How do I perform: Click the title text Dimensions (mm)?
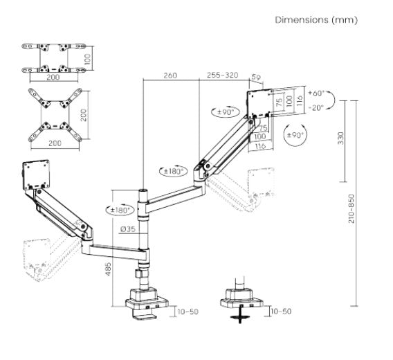pyautogui.click(x=316, y=20)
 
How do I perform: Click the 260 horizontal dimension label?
pyautogui.click(x=170, y=75)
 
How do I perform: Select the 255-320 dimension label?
pyautogui.click(x=222, y=75)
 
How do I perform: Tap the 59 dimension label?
pyautogui.click(x=256, y=77)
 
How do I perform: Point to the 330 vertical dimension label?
pyautogui.click(x=341, y=138)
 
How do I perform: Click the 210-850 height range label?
pyautogui.click(x=351, y=208)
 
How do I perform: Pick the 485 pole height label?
pyautogui.click(x=108, y=269)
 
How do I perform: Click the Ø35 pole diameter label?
pyautogui.click(x=128, y=228)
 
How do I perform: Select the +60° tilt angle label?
pyautogui.click(x=316, y=93)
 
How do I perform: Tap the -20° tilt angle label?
pyautogui.click(x=316, y=107)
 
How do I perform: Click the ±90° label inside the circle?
pyautogui.click(x=295, y=135)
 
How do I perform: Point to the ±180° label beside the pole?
pyautogui.click(x=120, y=210)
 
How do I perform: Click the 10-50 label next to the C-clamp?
pyautogui.click(x=188, y=312)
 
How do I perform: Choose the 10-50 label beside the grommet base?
pyautogui.click(x=281, y=312)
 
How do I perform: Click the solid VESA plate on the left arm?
pyautogui.click(x=36, y=175)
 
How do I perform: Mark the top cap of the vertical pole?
pyautogui.click(x=143, y=190)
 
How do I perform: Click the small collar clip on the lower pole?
pyautogui.click(x=138, y=273)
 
